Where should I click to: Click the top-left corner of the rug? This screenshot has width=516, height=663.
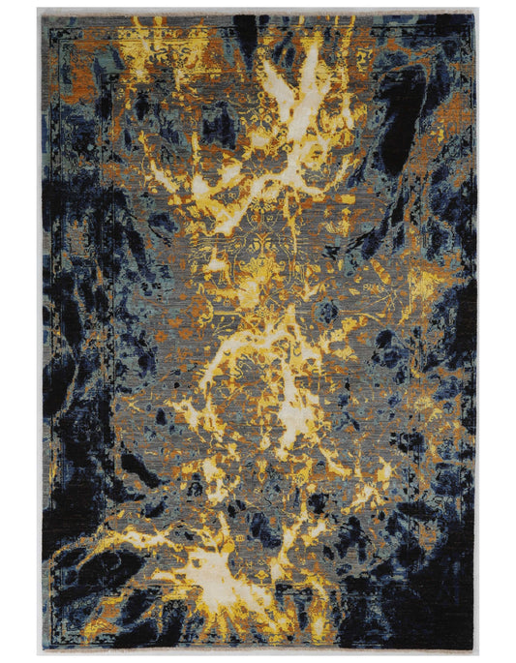[40, 14]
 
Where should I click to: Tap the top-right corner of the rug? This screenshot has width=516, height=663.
[476, 14]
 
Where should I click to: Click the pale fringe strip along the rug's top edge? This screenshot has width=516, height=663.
[258, 11]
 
